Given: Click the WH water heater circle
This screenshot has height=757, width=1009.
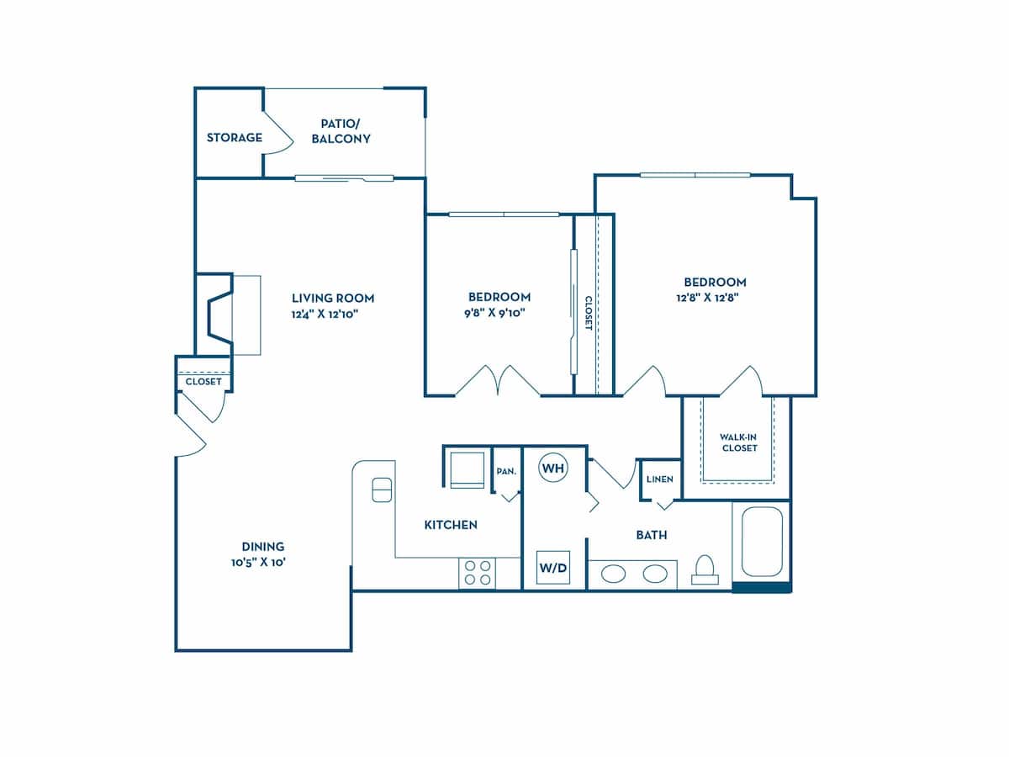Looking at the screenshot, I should pos(552,467).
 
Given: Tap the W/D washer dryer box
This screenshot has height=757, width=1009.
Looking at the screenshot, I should pos(552,568).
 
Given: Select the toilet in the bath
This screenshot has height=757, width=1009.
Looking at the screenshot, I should pos(705,570).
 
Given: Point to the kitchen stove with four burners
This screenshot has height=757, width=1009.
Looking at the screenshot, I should pos(477,573).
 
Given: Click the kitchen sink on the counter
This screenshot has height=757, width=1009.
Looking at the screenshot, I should pos(382,490).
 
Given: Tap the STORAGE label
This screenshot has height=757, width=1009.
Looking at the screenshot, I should pos(235,137).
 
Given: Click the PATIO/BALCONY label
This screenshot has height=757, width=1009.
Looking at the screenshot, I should pos(341,131).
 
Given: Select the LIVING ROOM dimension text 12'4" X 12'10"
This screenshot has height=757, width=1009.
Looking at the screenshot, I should pos(333,315).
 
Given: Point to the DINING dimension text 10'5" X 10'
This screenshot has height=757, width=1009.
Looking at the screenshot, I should pos(263,563).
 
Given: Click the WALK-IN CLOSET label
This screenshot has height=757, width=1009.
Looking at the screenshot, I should pos(738,442).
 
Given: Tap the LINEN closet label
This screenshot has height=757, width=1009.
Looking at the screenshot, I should pos(659,479).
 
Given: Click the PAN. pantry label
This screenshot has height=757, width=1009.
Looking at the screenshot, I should pos(505,472).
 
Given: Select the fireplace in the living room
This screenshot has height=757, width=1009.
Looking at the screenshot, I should pos(220,315).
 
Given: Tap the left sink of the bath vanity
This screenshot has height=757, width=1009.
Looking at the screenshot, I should pos(613,574).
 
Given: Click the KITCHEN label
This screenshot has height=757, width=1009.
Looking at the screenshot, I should pos(450,525).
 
